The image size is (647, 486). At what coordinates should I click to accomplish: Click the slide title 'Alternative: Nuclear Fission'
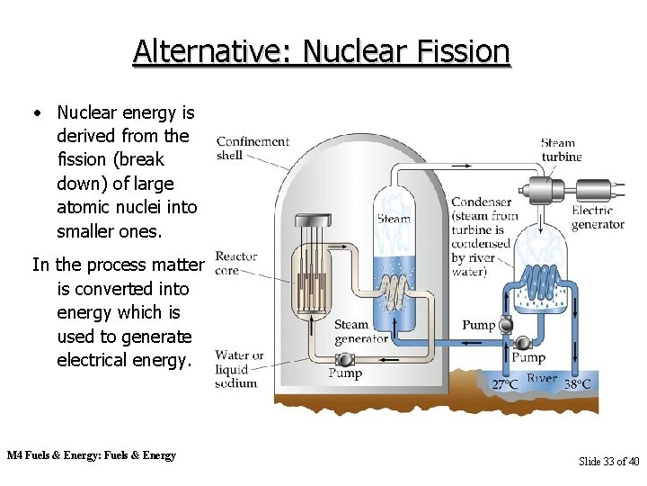tap(321, 51)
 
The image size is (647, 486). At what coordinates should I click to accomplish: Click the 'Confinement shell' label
tap(253, 148)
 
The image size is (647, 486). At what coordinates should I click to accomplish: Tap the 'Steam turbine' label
tap(560, 149)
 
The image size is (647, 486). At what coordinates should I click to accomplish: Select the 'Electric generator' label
tap(598, 217)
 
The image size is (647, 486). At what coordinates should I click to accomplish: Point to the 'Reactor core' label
tap(236, 264)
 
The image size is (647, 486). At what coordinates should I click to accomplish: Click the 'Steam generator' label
tap(360, 332)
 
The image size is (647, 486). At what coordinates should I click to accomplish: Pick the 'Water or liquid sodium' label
tap(238, 369)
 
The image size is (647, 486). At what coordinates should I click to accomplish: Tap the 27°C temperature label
tap(505, 384)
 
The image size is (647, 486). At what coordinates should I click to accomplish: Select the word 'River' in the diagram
tap(542, 379)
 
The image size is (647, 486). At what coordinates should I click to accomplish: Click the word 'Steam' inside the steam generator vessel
tap(394, 218)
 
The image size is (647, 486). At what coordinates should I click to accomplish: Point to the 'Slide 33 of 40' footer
tap(608, 462)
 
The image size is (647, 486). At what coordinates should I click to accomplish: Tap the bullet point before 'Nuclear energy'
tap(36, 113)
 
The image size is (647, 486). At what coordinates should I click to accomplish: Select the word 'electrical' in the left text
tap(99, 360)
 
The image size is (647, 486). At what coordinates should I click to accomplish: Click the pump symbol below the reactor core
tap(344, 359)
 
